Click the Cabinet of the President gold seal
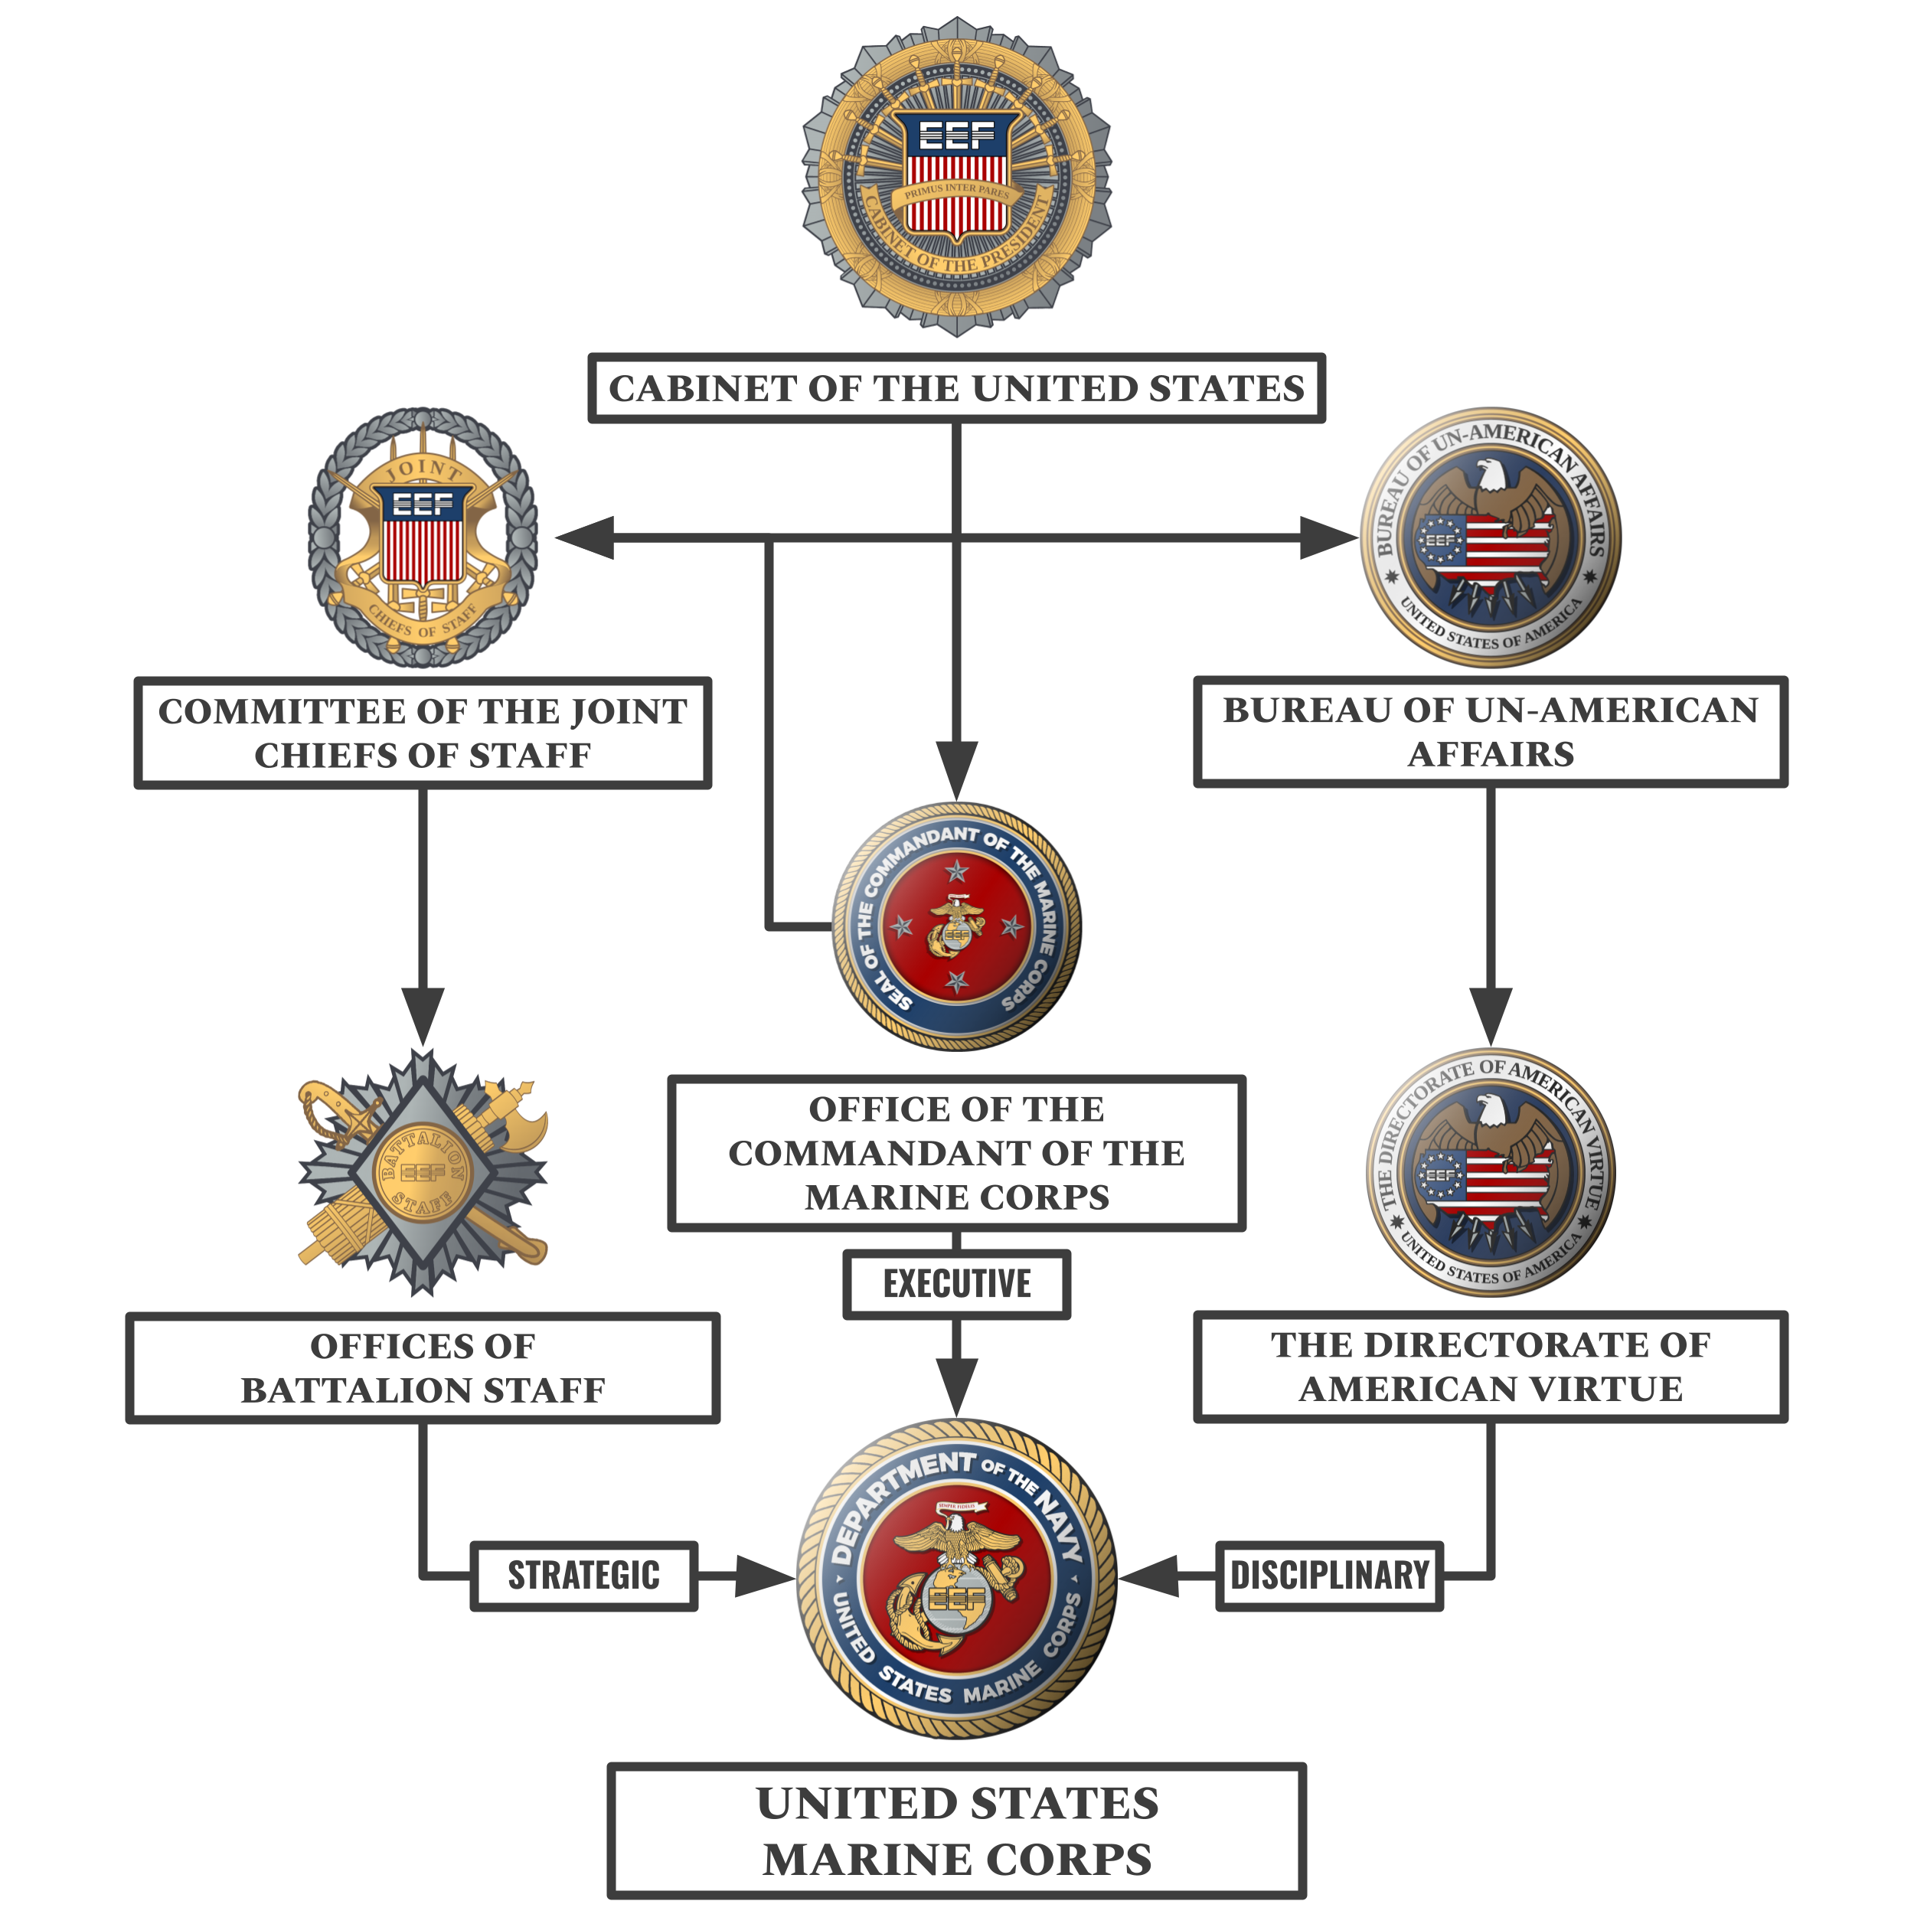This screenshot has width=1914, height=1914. pos(956,176)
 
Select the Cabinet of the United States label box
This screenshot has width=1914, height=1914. pos(956,387)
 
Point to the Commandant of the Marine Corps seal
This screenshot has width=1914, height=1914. pos(956,927)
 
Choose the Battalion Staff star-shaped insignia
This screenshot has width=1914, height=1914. pos(423,1172)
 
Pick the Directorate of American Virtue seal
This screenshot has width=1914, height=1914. pos(1490,1172)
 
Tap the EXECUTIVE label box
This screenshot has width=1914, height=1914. pos(956,1284)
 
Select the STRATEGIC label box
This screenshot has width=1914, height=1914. pos(583,1575)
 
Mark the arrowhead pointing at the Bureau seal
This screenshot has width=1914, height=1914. pos(1328,538)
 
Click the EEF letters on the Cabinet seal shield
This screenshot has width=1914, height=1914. pos(956,135)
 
